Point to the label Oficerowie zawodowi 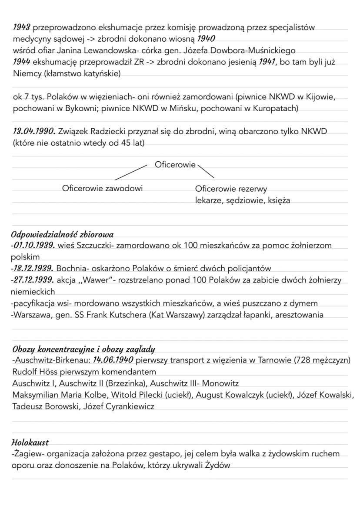tap(103, 188)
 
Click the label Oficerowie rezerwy tap(231, 189)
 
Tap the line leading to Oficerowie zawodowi tap(130, 172)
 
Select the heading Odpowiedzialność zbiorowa tap(62, 235)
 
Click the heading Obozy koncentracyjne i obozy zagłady tap(83, 349)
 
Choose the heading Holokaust tap(30, 442)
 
